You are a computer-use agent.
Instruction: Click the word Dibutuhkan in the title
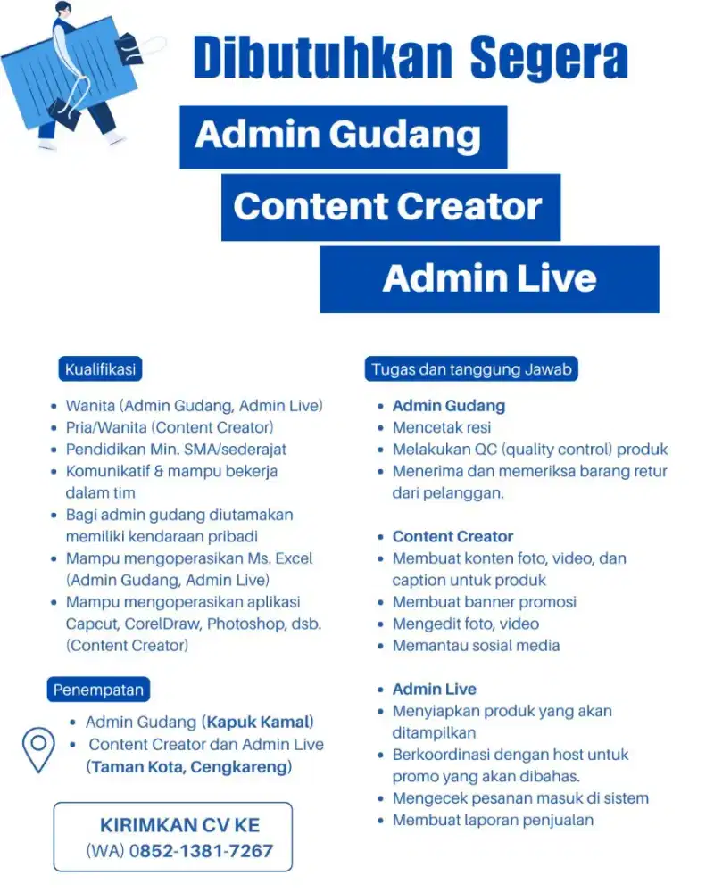[x=323, y=58]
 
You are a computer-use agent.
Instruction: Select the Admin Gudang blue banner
[x=344, y=137]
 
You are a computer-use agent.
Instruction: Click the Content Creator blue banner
[x=391, y=207]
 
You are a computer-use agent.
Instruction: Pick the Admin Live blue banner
[x=490, y=279]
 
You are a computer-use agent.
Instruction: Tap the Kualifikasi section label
[x=100, y=369]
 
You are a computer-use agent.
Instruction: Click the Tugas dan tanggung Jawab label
[x=471, y=369]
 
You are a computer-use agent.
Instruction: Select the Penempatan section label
[x=98, y=690]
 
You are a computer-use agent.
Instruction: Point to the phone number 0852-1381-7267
[x=201, y=851]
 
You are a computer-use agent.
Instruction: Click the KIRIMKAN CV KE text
[x=180, y=825]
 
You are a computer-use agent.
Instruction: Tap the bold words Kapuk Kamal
[x=258, y=722]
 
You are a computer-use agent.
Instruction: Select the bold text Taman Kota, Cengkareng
[x=189, y=767]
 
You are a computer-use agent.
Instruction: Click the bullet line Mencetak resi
[x=442, y=428]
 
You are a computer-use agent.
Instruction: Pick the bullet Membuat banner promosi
[x=485, y=602]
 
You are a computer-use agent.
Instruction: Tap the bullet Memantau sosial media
[x=477, y=646]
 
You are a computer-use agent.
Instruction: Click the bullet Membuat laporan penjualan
[x=493, y=821]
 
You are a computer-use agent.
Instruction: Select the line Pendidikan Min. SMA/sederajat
[x=176, y=450]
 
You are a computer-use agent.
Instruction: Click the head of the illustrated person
[x=64, y=9]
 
